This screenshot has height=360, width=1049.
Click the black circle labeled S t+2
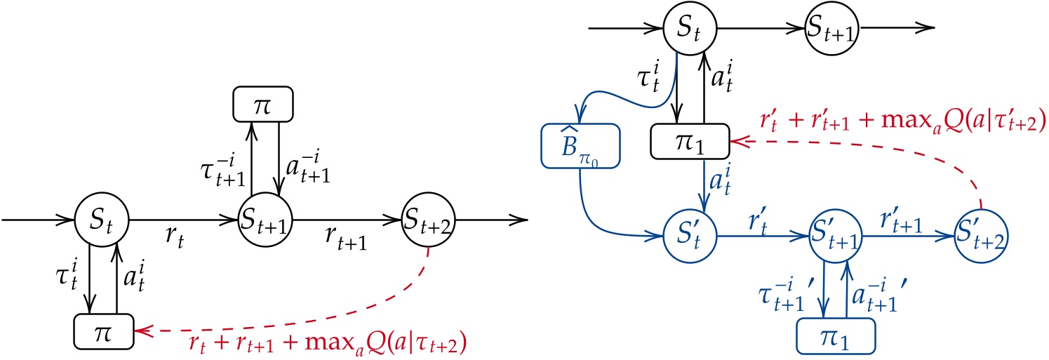428,220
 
